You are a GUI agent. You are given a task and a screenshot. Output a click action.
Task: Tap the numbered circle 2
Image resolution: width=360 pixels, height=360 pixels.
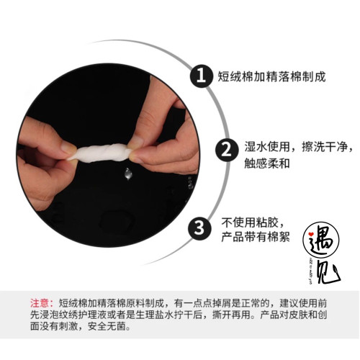tap(226, 150)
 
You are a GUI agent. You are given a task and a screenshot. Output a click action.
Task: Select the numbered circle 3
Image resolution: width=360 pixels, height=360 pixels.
tap(199, 229)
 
